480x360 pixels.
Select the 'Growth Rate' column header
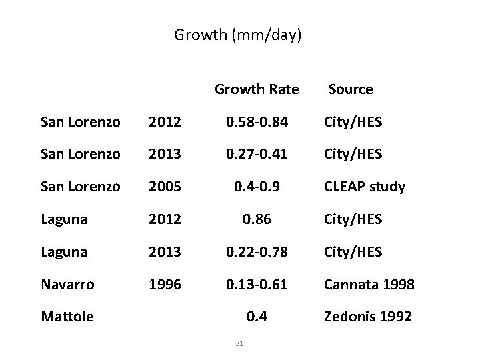point(257,89)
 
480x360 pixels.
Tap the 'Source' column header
point(351,89)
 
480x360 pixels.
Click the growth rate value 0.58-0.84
point(257,122)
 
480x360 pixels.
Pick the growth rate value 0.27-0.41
point(257,154)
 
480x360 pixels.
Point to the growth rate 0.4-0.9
point(257,187)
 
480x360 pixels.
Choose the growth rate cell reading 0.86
point(257,219)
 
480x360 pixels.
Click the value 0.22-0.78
point(257,252)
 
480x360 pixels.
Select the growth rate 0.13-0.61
point(257,285)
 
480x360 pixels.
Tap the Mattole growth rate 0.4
point(257,317)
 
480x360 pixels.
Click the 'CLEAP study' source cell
point(364,187)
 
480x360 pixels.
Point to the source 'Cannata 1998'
point(369,285)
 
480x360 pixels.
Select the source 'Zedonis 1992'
point(367,317)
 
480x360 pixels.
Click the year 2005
point(164,187)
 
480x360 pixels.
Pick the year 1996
point(164,285)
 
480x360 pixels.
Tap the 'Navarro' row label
point(67,285)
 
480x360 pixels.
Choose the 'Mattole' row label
point(67,317)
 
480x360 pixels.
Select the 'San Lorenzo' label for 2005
point(80,187)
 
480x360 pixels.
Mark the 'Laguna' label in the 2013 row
point(63,252)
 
